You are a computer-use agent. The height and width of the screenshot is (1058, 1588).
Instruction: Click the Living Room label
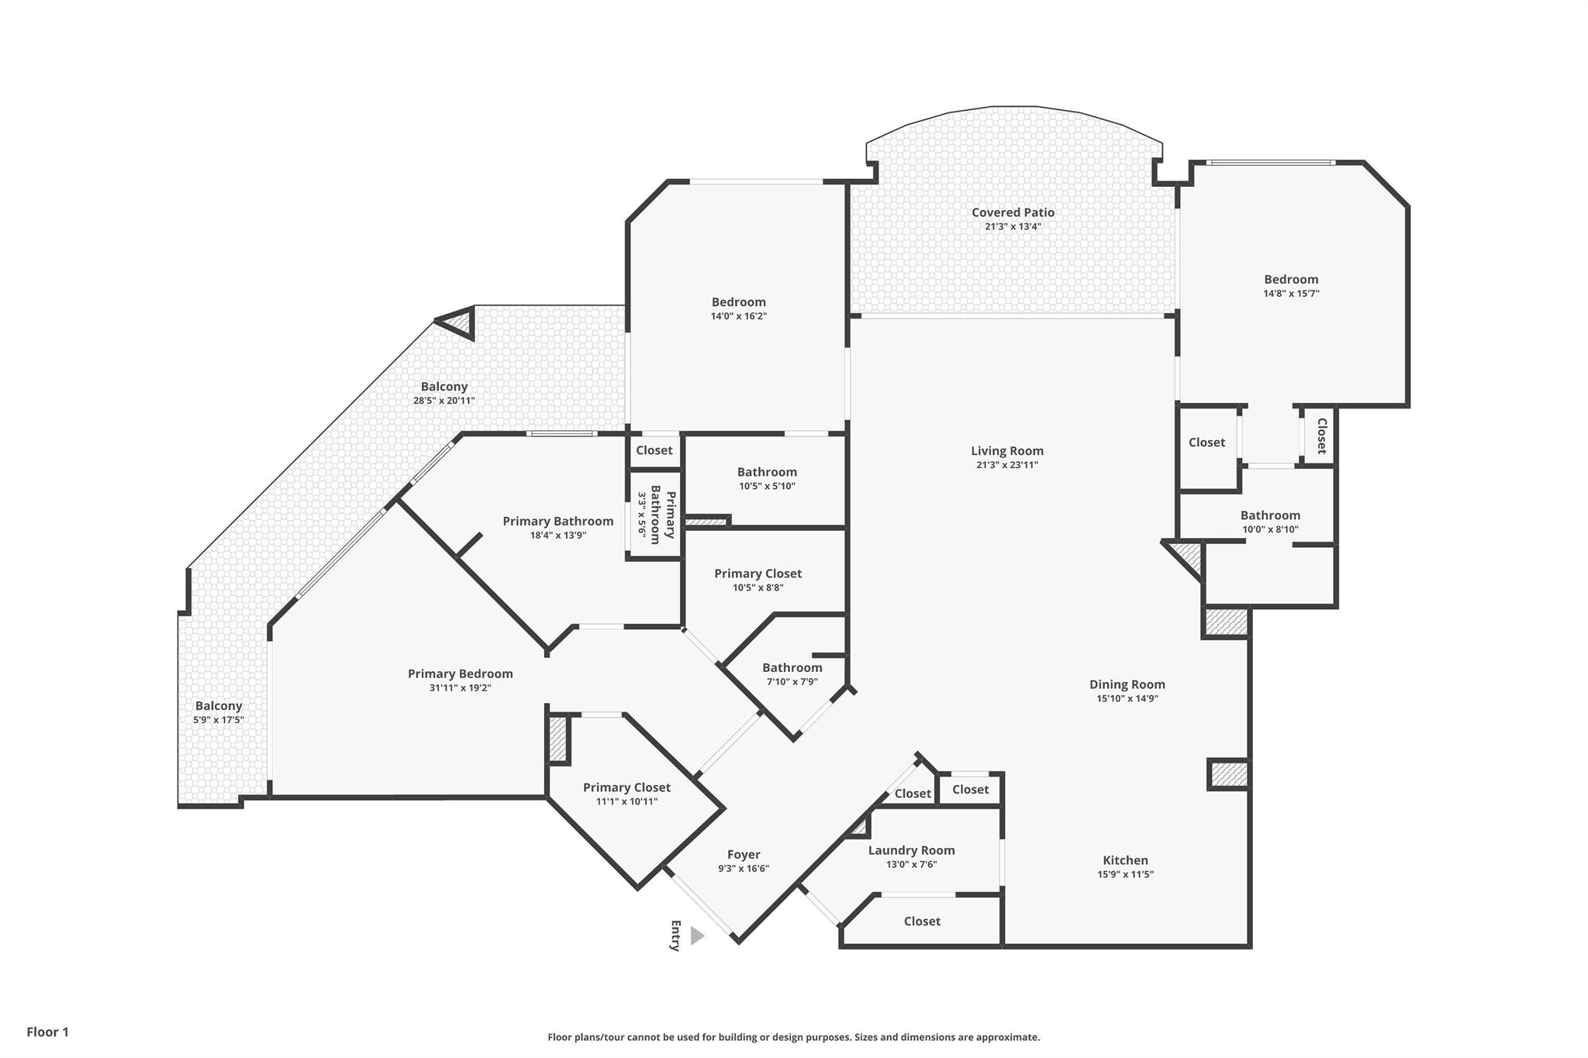[x=1007, y=451]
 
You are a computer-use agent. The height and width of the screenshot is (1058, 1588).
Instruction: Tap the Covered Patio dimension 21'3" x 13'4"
[x=1013, y=227]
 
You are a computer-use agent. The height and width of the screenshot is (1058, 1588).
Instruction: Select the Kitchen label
[x=1125, y=860]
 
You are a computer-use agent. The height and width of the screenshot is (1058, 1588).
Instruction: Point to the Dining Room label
[x=1127, y=684]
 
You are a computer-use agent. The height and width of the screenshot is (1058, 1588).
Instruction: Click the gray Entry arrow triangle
[x=696, y=936]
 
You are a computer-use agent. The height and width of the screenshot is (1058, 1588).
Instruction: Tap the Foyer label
[x=743, y=855]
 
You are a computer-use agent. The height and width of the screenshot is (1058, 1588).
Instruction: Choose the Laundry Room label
[x=911, y=850]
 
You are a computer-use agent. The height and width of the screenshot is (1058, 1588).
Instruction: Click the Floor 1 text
[x=48, y=1032]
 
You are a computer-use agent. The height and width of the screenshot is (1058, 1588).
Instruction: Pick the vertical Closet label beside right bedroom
[x=1321, y=436]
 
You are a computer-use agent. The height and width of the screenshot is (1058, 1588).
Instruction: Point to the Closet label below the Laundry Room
[x=922, y=922]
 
